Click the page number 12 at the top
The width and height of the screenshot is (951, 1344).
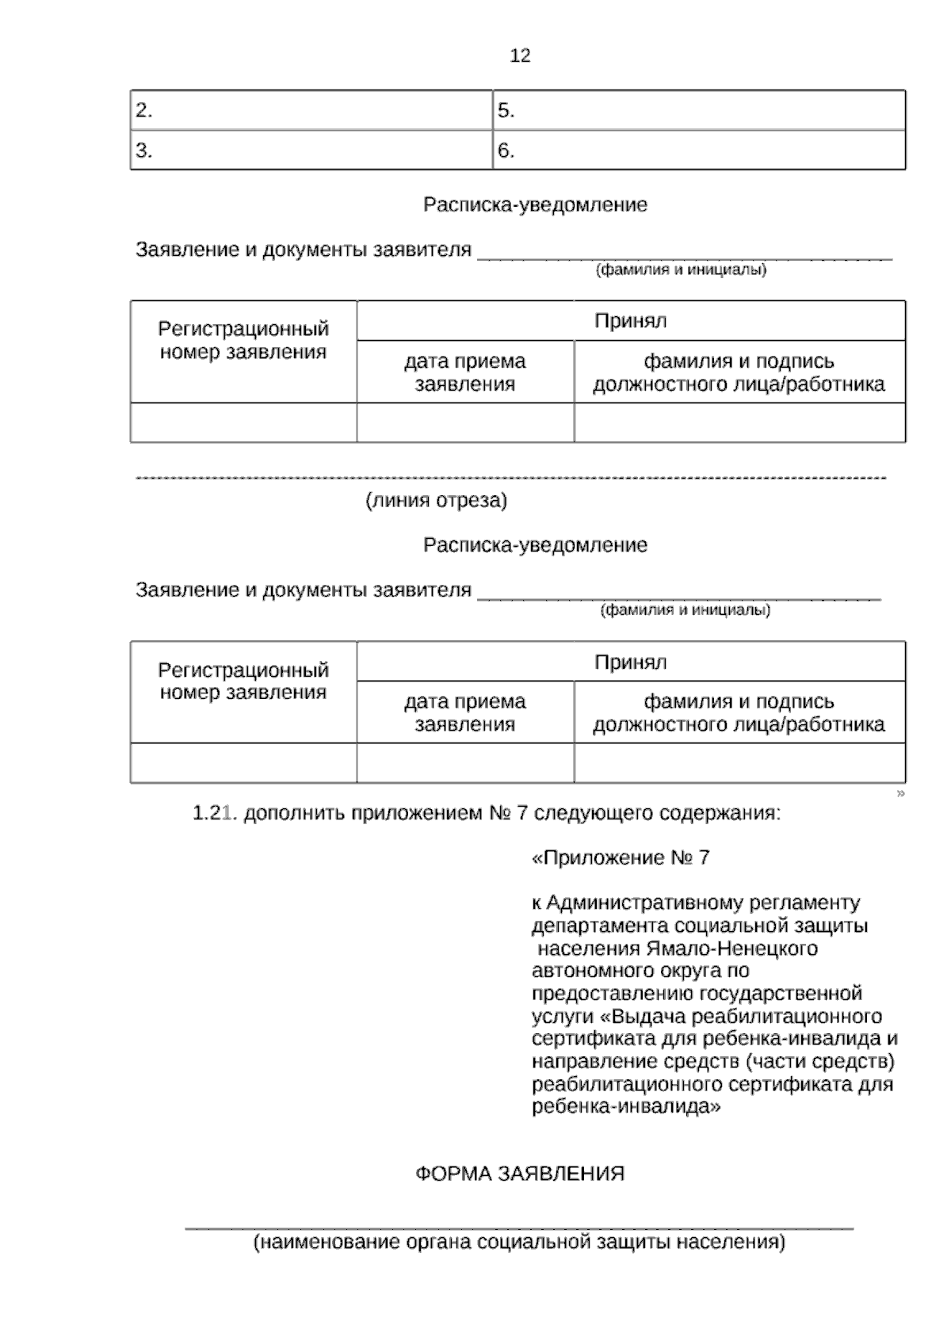coord(520,55)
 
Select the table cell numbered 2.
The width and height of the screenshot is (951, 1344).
coord(311,110)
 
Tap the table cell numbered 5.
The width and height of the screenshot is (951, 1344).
coord(699,110)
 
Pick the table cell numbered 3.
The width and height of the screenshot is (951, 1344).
coord(311,151)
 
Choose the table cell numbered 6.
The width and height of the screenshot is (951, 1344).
coord(699,151)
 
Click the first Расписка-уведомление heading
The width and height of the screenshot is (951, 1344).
coord(535,205)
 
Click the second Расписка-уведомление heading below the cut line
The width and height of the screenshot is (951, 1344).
coord(535,545)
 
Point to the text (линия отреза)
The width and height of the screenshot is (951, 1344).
coord(436,501)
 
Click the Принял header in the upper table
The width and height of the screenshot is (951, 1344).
coord(631,321)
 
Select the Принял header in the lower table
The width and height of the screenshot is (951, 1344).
coord(631,662)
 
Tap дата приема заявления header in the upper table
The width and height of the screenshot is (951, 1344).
coord(465,372)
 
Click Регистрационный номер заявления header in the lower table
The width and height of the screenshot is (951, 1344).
coord(243,682)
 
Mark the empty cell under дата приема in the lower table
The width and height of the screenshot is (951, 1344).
coord(465,763)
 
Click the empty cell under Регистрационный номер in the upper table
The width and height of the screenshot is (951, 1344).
coord(243,422)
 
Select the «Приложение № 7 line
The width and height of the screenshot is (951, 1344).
coord(621,858)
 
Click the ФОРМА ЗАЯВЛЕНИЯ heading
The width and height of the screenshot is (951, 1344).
coord(520,1174)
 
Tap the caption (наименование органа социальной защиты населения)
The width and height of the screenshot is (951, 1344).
coord(519,1242)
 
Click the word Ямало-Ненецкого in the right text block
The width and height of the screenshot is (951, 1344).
coord(731,949)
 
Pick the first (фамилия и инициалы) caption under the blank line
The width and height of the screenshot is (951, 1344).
coord(681,270)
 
